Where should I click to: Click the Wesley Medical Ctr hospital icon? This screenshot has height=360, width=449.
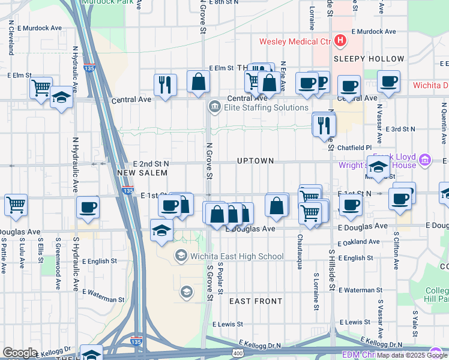click(341, 41)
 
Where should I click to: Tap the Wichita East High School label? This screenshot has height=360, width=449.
click(237, 257)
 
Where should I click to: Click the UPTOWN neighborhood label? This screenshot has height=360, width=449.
click(255, 161)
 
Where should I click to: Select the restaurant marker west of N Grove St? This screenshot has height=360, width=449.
click(165, 84)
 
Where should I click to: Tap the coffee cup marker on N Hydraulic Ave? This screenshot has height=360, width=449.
click(88, 208)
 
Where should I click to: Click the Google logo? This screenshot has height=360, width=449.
click(20, 353)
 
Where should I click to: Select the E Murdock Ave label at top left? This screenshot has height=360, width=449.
click(40, 28)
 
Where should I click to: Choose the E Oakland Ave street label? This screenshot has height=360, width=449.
click(359, 243)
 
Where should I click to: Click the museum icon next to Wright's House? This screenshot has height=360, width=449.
click(426, 160)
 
